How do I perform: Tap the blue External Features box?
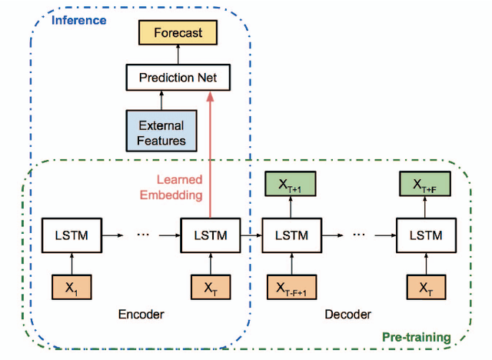(x=161, y=132)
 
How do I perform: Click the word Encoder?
(x=141, y=314)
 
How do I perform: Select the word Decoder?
(x=347, y=314)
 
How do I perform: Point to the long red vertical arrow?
(x=210, y=154)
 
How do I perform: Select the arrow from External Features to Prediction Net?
(x=161, y=100)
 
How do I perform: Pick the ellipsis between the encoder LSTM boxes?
(x=142, y=235)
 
